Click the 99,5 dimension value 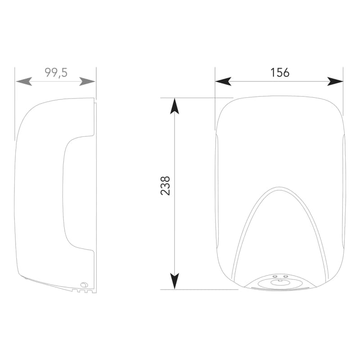click(56, 73)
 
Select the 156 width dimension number click(280, 72)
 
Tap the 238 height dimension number click(165, 186)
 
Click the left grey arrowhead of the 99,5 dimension click(24, 81)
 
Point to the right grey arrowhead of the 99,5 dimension click(87, 81)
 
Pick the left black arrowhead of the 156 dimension click(223, 81)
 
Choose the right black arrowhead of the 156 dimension click(335, 81)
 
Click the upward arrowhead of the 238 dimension click(175, 106)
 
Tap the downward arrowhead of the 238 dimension click(175, 281)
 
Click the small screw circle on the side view click(84, 285)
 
